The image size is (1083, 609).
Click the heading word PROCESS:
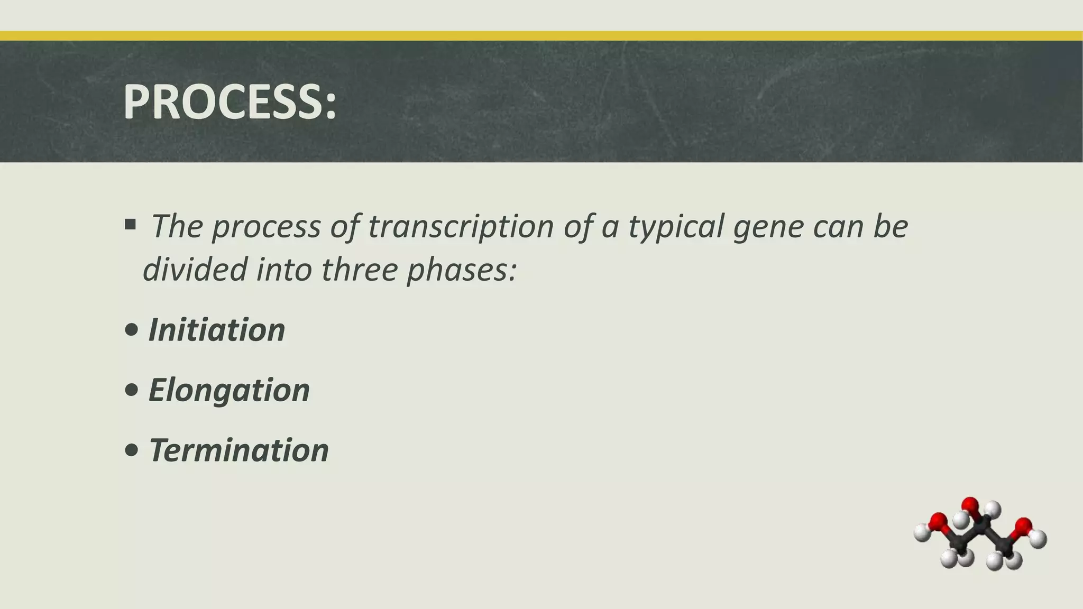click(x=230, y=102)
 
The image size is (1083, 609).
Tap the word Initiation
click(x=217, y=330)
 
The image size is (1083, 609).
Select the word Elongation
click(x=229, y=390)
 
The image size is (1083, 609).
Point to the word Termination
click(x=238, y=450)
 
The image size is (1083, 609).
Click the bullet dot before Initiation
click(x=132, y=331)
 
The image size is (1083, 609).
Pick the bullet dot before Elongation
click(x=132, y=391)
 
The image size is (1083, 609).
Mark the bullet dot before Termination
click(x=132, y=451)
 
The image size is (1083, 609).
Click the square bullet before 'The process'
click(x=130, y=225)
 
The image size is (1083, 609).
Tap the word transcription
click(x=460, y=226)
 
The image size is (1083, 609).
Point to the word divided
click(x=195, y=269)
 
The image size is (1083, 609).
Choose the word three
click(x=359, y=269)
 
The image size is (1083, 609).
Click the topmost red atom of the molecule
click(x=970, y=505)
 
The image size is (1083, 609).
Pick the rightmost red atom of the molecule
click(x=1024, y=526)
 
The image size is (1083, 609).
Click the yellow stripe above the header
click(x=541, y=35)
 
